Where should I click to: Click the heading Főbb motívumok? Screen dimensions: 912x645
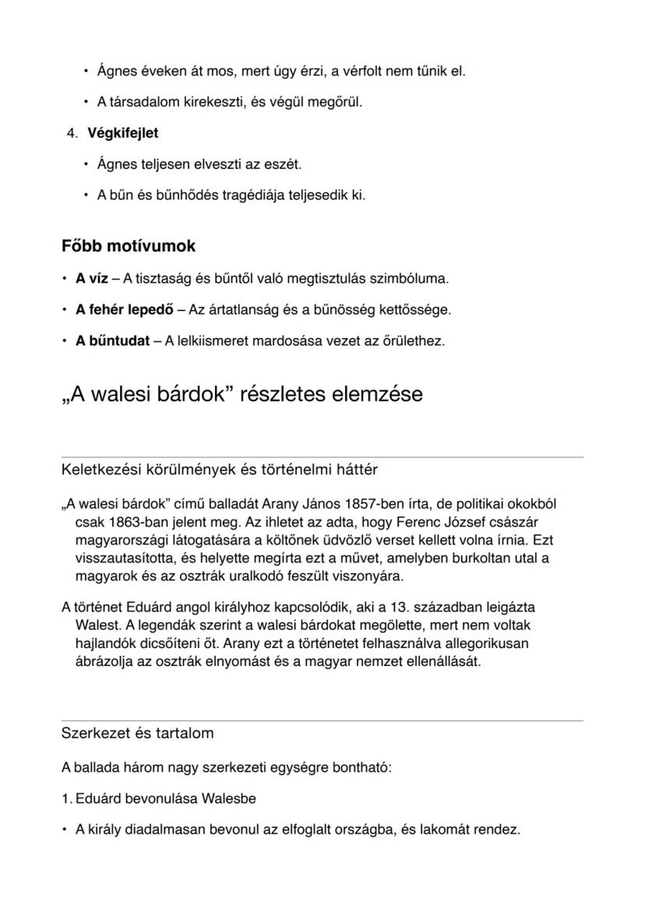pos(129,246)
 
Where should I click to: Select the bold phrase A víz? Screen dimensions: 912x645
pos(91,278)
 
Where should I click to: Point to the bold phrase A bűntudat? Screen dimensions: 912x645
pos(112,340)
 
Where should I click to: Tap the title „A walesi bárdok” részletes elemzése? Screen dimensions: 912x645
pos(241,394)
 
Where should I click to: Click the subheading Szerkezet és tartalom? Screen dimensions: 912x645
pos(137,734)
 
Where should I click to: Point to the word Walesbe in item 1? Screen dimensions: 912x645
pos(228,799)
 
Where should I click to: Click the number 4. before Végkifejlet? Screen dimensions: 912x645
pos(72,133)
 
